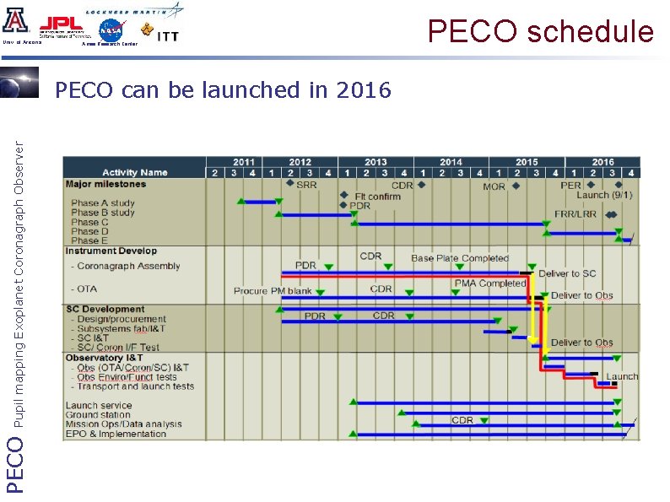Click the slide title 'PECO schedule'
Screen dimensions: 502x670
point(540,31)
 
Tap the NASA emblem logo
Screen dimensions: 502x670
point(111,31)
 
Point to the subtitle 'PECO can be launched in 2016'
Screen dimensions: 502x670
point(223,89)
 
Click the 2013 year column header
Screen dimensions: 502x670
point(376,162)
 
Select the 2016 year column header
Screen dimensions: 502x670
point(602,162)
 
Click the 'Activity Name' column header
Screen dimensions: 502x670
point(135,173)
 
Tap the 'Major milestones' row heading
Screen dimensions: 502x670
point(105,184)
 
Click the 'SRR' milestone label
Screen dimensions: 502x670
point(306,185)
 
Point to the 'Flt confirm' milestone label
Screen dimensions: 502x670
point(377,196)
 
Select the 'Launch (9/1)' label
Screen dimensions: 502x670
point(604,195)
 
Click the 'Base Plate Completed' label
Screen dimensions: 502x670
point(460,258)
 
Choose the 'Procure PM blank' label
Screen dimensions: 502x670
point(273,291)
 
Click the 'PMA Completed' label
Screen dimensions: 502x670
point(490,283)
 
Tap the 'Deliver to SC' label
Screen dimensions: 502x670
point(567,273)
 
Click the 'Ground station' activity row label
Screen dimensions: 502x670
point(99,415)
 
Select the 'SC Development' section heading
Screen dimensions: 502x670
point(105,310)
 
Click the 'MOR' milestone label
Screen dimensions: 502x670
point(494,186)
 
